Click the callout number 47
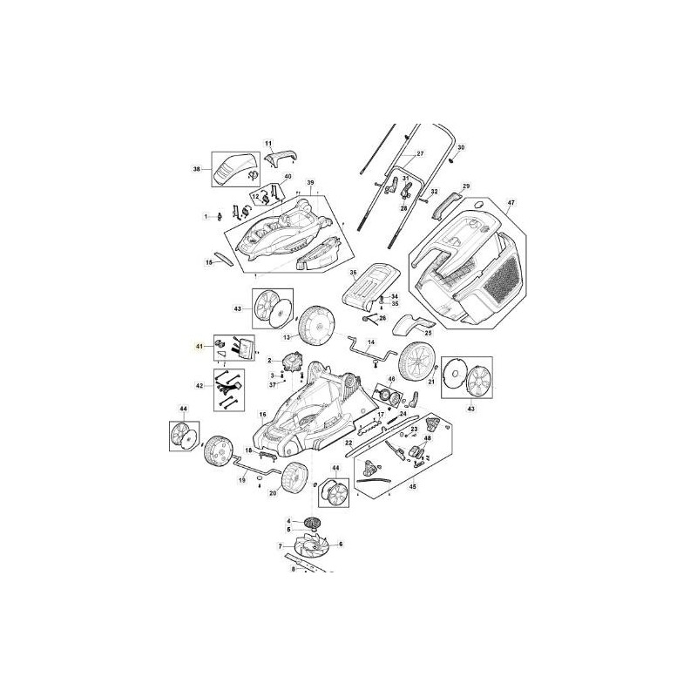[511, 202]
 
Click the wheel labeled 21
[416, 361]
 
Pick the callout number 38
[197, 169]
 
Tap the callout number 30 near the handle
[462, 148]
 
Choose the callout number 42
[200, 384]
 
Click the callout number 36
[354, 273]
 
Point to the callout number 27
[419, 153]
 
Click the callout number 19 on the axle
[242, 480]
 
